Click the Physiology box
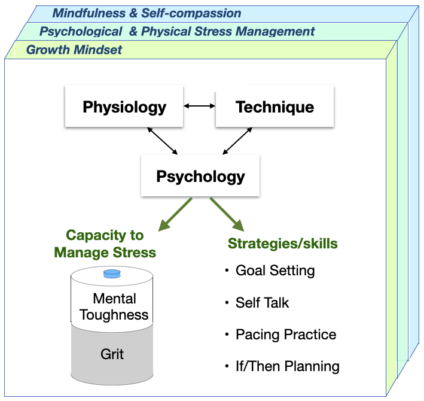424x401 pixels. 124,108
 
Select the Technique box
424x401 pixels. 274,108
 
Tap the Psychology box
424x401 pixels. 200,177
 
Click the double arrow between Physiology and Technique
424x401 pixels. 199,107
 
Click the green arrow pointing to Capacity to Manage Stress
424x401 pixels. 174,214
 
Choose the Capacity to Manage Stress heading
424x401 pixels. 105,244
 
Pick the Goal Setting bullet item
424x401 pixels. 274,271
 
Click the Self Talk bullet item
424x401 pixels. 262,303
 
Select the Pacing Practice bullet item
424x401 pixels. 285,335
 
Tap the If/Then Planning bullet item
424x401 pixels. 287,366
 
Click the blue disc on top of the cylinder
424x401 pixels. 112,274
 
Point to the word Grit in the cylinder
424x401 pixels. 112,354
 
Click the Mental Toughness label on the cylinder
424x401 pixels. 114,306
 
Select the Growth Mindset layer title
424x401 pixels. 74,50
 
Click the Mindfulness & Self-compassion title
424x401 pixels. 147,13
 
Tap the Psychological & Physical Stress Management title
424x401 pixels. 177,31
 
